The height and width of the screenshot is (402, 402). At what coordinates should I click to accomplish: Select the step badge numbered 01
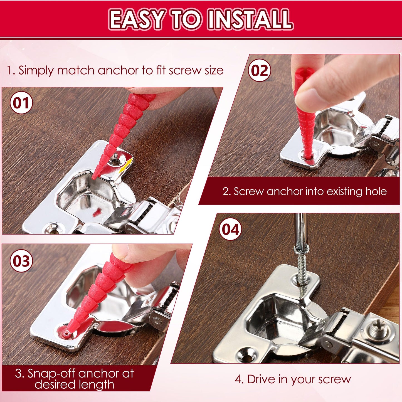pos(21,103)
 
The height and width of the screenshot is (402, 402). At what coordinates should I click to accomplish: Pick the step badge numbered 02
pos(259,71)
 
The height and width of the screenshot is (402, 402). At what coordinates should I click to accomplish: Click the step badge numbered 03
pos(21,261)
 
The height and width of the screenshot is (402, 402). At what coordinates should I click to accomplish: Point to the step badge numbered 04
pos(230,230)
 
